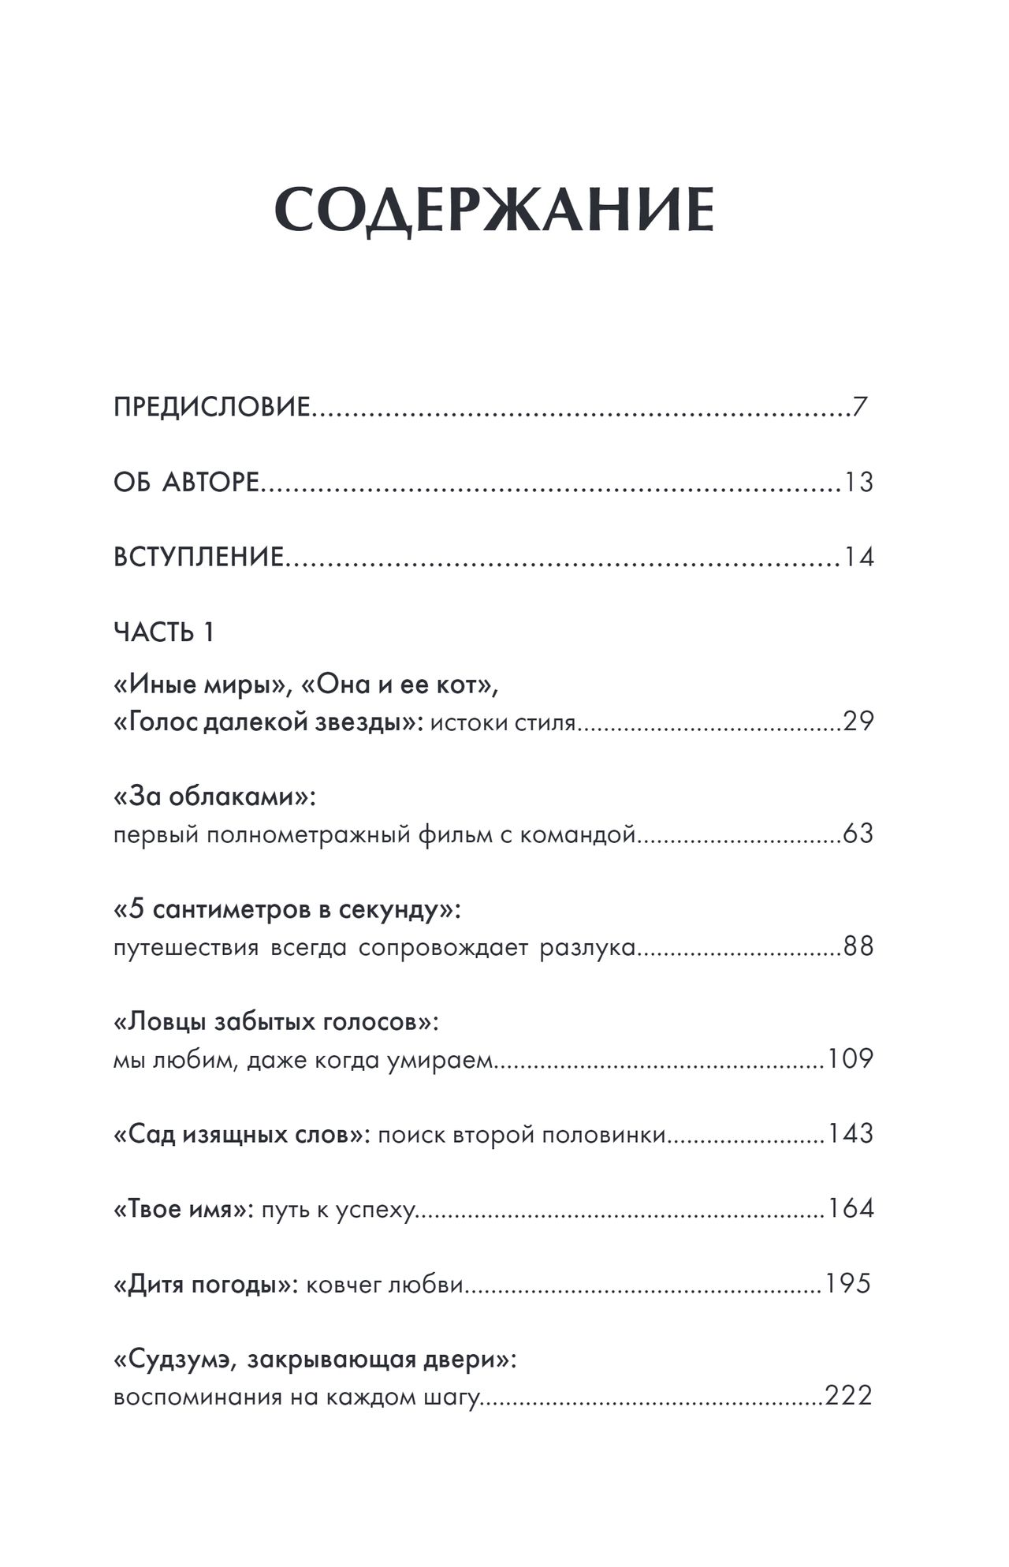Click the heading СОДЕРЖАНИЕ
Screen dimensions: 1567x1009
coord(494,211)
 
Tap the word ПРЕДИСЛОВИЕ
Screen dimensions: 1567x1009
coord(212,408)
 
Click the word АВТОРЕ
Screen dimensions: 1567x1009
coord(210,482)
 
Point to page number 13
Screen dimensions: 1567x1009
coord(858,482)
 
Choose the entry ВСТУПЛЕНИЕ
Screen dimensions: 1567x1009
coord(199,557)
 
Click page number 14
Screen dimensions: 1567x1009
coord(858,557)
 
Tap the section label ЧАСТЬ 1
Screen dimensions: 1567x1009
coord(164,632)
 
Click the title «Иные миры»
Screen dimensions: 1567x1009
coord(199,685)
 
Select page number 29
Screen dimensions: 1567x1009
coord(858,722)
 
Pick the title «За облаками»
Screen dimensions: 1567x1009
coord(214,797)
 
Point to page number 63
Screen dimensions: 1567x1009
coord(858,834)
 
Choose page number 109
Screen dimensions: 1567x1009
coord(851,1058)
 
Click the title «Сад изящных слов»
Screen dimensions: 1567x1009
coord(241,1134)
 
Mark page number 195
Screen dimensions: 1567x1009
coord(847,1284)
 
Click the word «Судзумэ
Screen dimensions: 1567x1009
coord(173,1360)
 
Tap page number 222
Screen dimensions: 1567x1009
coord(849,1396)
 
